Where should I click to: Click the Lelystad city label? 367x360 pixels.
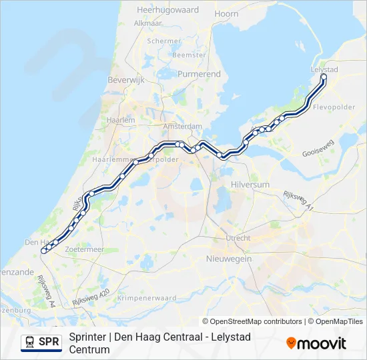point(325,69)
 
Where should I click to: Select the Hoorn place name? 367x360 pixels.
point(227,13)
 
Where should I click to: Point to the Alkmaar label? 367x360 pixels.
point(148,23)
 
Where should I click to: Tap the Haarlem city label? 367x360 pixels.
point(123,120)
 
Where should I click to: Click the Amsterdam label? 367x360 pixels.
point(183,126)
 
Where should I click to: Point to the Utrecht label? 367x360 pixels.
point(238,238)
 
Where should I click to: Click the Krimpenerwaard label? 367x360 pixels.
point(147,298)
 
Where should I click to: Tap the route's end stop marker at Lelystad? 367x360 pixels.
point(324,77)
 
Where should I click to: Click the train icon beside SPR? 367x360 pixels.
point(30,343)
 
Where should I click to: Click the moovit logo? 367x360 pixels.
point(316,343)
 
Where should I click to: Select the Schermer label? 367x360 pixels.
point(164,41)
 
